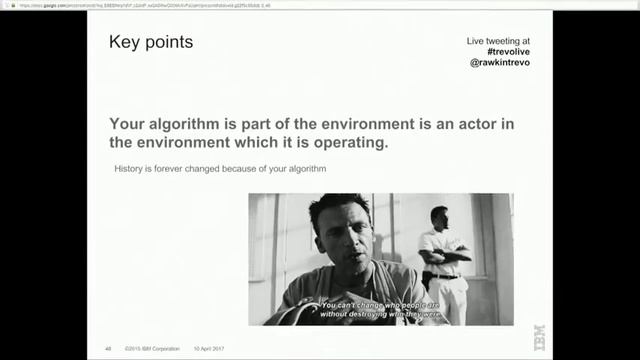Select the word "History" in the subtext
click(132, 169)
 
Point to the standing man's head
click(439, 215)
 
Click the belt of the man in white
click(443, 275)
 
